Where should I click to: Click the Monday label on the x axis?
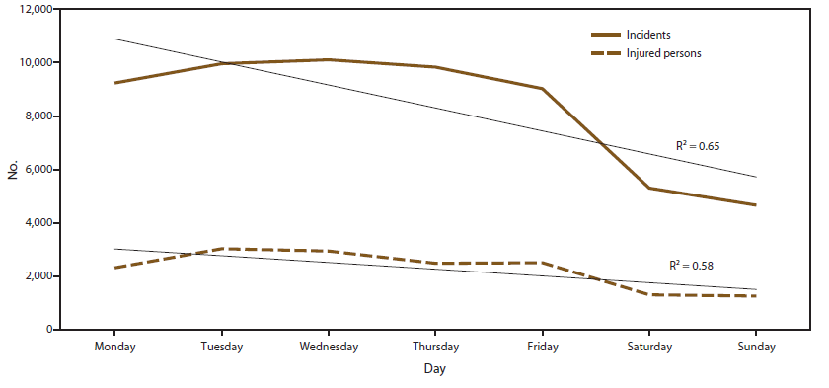(114, 347)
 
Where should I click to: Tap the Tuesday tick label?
(222, 347)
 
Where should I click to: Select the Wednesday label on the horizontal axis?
(329, 347)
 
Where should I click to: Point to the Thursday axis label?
(435, 347)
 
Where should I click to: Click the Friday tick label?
(543, 347)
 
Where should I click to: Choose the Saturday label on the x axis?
(649, 347)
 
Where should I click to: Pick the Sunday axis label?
(756, 347)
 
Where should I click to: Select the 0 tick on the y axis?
(48, 330)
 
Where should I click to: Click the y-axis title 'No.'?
(13, 170)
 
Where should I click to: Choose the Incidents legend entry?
(648, 35)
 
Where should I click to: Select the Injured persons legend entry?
(663, 53)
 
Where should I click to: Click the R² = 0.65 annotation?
(698, 146)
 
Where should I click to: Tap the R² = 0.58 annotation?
(692, 265)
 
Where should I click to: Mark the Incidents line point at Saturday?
(649, 188)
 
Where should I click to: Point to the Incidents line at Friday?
(543, 89)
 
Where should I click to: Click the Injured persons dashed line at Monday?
(115, 268)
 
